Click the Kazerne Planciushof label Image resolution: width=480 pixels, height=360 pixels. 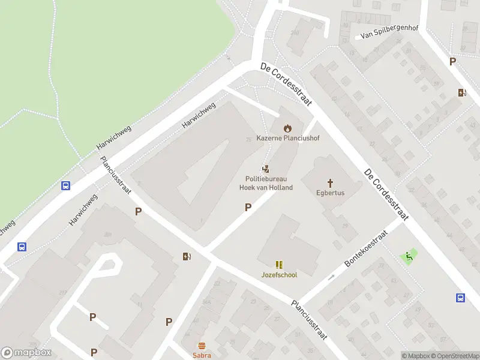click(288, 138)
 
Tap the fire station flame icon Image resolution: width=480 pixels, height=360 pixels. click(287, 128)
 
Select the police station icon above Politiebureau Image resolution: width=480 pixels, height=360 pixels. click(266, 169)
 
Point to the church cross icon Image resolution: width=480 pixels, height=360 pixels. click(330, 182)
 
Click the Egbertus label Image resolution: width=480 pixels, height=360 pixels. click(330, 193)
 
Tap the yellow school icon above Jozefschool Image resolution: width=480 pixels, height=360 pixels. click(279, 264)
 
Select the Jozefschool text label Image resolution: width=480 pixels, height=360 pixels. click(279, 275)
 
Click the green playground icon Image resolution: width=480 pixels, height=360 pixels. click(409, 257)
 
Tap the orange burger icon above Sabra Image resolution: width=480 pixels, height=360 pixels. click(202, 346)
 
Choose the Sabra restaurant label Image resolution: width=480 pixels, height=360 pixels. click(202, 355)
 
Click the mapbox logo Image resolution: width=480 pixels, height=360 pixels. click(26, 353)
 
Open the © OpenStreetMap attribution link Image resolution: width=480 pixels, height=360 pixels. click(455, 356)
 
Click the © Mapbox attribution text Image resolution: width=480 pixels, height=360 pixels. click(417, 356)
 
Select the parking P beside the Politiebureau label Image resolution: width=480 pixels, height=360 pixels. click(247, 207)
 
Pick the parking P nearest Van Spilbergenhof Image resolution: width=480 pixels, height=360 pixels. click(452, 61)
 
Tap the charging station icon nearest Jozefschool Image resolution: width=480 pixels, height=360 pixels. click(187, 257)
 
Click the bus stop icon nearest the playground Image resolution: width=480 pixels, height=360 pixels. click(461, 298)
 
